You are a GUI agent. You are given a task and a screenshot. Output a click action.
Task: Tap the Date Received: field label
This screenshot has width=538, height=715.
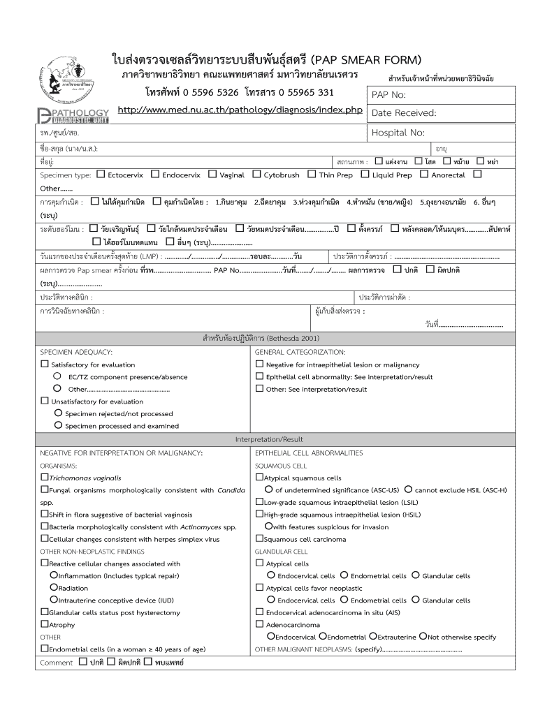(x=403, y=112)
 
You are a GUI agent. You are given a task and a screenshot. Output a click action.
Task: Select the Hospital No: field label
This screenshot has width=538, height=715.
(x=398, y=132)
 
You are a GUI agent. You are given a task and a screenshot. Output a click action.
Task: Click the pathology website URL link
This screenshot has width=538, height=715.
(x=240, y=110)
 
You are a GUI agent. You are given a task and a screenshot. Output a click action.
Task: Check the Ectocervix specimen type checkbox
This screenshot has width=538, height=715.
(x=101, y=175)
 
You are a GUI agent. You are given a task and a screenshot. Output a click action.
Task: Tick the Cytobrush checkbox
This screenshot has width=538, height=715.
(x=256, y=175)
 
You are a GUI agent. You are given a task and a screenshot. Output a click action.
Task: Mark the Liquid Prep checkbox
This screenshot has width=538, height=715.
(x=365, y=175)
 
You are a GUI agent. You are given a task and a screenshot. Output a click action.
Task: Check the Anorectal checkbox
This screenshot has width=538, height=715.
(x=424, y=175)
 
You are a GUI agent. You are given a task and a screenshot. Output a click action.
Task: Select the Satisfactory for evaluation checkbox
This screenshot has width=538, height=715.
(x=45, y=364)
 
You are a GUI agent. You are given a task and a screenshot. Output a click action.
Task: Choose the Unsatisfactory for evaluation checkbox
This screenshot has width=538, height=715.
(x=45, y=401)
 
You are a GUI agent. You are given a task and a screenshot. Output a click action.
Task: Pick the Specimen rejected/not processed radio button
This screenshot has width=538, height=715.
(x=58, y=413)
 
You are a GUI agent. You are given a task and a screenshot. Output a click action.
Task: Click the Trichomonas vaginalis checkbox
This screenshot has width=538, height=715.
(x=45, y=478)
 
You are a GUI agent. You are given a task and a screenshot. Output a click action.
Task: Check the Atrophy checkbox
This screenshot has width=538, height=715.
(x=45, y=624)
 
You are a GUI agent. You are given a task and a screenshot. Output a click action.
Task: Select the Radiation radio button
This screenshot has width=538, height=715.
(x=54, y=588)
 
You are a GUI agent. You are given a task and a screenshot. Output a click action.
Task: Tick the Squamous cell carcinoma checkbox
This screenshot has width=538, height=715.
(x=259, y=538)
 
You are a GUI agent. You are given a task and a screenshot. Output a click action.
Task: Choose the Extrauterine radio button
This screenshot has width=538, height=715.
(x=373, y=636)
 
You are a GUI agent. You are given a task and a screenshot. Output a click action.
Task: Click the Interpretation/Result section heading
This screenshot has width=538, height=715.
(x=269, y=439)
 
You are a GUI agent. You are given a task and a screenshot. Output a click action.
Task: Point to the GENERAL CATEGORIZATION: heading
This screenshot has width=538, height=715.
(x=300, y=352)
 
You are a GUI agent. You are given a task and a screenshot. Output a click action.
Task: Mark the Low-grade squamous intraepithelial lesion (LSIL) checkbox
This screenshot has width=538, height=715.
(x=259, y=502)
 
